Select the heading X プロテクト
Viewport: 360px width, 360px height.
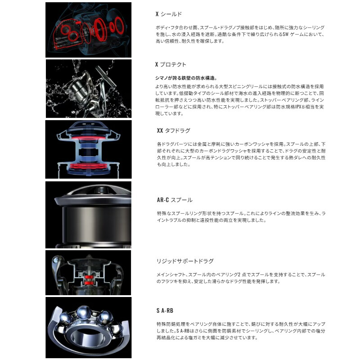pos(171,64)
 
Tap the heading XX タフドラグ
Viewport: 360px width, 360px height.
pos(173,130)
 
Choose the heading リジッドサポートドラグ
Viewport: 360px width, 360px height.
pos(184,261)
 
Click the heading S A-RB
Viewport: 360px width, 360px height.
pos(164,310)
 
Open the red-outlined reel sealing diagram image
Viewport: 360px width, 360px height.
pos(88,30)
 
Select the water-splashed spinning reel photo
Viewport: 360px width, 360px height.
pos(88,88)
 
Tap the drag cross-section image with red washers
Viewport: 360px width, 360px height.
pos(88,149)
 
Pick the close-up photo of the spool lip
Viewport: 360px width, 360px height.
pos(88,215)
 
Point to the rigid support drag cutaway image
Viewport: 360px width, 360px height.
pos(88,273)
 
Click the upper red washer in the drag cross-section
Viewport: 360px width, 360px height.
pos(88,137)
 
